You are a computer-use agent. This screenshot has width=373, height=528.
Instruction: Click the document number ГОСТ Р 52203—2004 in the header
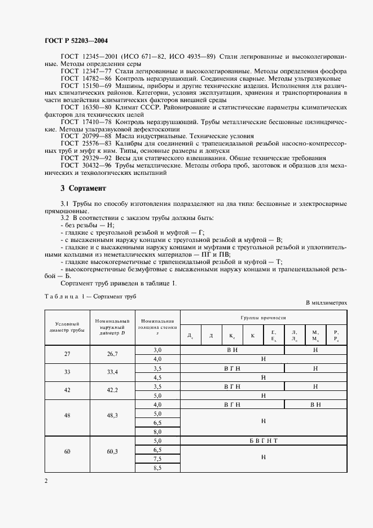click(75, 41)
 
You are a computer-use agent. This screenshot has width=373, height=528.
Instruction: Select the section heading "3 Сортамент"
click(85, 188)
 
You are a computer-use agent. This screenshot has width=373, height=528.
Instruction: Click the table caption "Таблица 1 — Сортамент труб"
click(90, 296)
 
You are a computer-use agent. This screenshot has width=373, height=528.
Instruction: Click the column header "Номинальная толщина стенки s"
click(157, 327)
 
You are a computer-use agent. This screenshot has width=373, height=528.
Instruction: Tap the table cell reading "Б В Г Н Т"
click(263, 441)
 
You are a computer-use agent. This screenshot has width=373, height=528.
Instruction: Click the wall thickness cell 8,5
click(157, 468)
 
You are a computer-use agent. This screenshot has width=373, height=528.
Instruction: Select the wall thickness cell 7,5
click(157, 459)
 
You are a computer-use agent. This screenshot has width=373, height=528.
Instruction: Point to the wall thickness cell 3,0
click(157, 350)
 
